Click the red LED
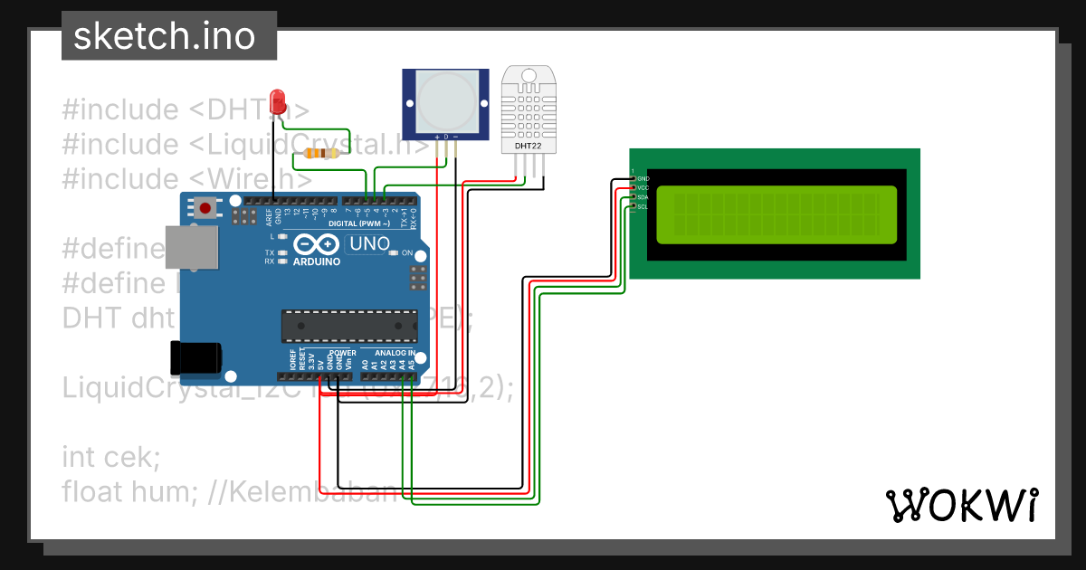click(278, 100)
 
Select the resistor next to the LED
click(322, 154)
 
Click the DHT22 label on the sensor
click(529, 145)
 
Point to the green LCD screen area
click(776, 214)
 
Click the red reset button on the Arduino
click(206, 209)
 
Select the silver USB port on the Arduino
click(191, 247)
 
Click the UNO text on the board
click(369, 243)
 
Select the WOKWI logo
click(960, 505)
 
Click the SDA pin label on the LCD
click(643, 197)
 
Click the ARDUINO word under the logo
click(316, 261)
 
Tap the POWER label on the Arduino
click(342, 353)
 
